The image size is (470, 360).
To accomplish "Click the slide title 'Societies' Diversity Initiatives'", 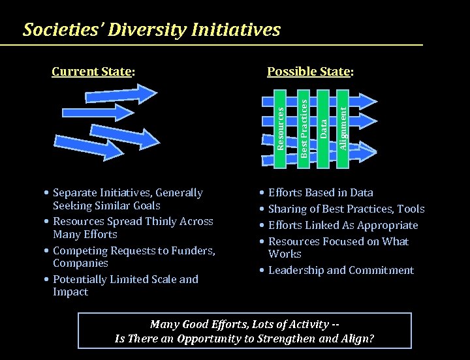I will (151, 30).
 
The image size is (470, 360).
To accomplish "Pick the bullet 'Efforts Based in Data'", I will (321, 192).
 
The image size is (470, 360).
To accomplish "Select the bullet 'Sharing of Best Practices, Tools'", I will (346, 209).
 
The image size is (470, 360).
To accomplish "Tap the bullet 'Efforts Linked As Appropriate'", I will (343, 225).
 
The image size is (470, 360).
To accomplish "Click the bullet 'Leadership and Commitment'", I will (341, 270).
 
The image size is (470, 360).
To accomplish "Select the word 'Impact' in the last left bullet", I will (70, 292).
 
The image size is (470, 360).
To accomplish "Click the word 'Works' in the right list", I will (285, 254).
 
